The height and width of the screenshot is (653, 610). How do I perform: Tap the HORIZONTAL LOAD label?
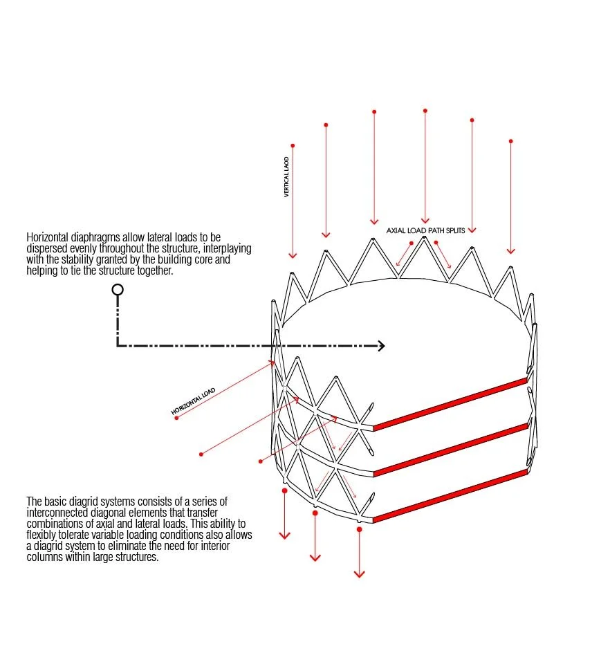(194, 402)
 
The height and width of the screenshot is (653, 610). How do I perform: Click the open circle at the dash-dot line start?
(118, 289)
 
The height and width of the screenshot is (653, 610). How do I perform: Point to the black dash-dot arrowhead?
(380, 346)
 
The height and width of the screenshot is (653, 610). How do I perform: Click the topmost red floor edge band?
(450, 403)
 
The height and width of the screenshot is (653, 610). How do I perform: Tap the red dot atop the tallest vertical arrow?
(425, 111)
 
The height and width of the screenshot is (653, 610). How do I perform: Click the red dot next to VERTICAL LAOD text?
(293, 146)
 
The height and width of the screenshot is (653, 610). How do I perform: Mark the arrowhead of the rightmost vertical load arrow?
(510, 250)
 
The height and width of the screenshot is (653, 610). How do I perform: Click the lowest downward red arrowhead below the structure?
(359, 573)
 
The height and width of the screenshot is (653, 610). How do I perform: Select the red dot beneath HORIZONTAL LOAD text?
(176, 418)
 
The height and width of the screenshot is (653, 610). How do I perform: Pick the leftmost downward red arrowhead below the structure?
(284, 535)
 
